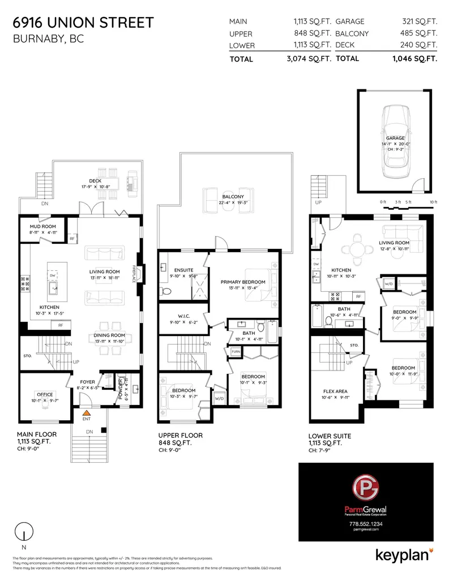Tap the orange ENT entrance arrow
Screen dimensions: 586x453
point(86,414)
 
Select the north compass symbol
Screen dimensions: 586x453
point(23,532)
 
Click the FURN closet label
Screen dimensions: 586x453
point(234,352)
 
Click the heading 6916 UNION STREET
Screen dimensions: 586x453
point(83,23)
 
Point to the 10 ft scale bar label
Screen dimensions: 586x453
point(433,202)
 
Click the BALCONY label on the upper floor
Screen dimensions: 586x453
point(232,196)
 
